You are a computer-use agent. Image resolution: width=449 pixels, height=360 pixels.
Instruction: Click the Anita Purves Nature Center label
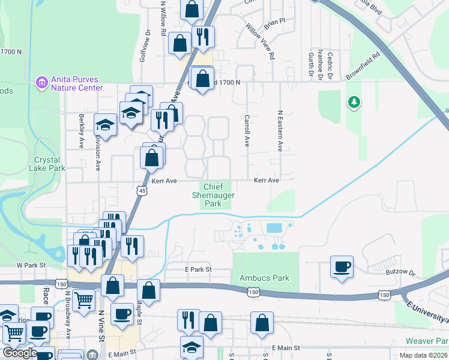(76, 83)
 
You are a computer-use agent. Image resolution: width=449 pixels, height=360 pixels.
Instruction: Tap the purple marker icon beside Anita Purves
(41, 82)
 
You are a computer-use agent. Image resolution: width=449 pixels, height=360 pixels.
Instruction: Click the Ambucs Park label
(264, 278)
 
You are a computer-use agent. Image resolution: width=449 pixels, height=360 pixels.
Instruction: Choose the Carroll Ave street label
(246, 131)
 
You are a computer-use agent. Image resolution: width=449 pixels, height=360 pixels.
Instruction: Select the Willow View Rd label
(260, 41)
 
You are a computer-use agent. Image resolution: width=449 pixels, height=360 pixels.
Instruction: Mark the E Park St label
(199, 270)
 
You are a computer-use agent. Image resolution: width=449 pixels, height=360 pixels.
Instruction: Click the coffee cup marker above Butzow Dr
(342, 266)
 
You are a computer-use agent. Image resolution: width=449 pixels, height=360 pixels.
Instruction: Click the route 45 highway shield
(142, 191)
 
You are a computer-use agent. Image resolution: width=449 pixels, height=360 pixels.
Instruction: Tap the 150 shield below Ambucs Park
(253, 291)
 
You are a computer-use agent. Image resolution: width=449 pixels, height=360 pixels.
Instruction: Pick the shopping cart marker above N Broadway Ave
(83, 299)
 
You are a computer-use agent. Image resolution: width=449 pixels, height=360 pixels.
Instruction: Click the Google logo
(19, 353)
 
